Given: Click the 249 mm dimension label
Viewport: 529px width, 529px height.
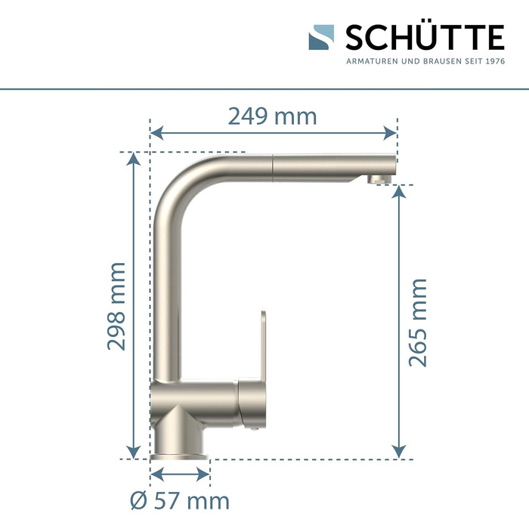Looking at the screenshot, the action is tap(272, 116).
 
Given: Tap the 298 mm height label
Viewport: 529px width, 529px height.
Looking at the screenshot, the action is tap(116, 306).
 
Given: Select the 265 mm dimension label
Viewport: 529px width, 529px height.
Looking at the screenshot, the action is tap(418, 323).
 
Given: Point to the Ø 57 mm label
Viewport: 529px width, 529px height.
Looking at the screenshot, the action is tap(180, 501).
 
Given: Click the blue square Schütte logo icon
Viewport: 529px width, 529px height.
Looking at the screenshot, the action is tap(321, 37).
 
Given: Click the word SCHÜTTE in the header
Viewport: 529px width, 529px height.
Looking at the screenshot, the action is tap(425, 37).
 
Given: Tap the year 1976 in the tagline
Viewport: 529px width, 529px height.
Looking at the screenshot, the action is tap(496, 61).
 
